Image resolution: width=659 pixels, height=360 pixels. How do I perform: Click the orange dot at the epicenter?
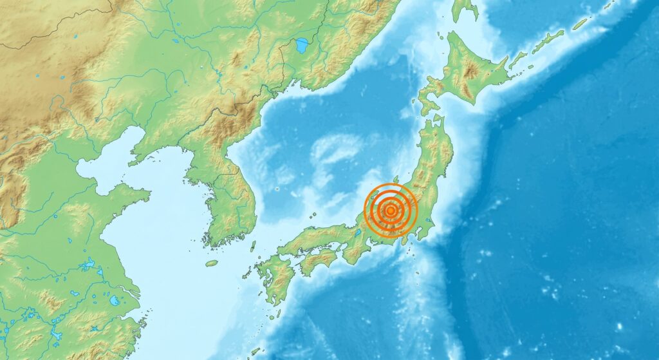click(391, 210)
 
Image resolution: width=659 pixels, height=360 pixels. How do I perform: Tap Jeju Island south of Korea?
click(212, 263)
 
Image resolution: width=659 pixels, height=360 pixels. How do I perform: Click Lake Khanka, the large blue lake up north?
click(301, 46)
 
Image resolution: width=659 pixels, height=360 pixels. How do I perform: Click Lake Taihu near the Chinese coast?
click(114, 300)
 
